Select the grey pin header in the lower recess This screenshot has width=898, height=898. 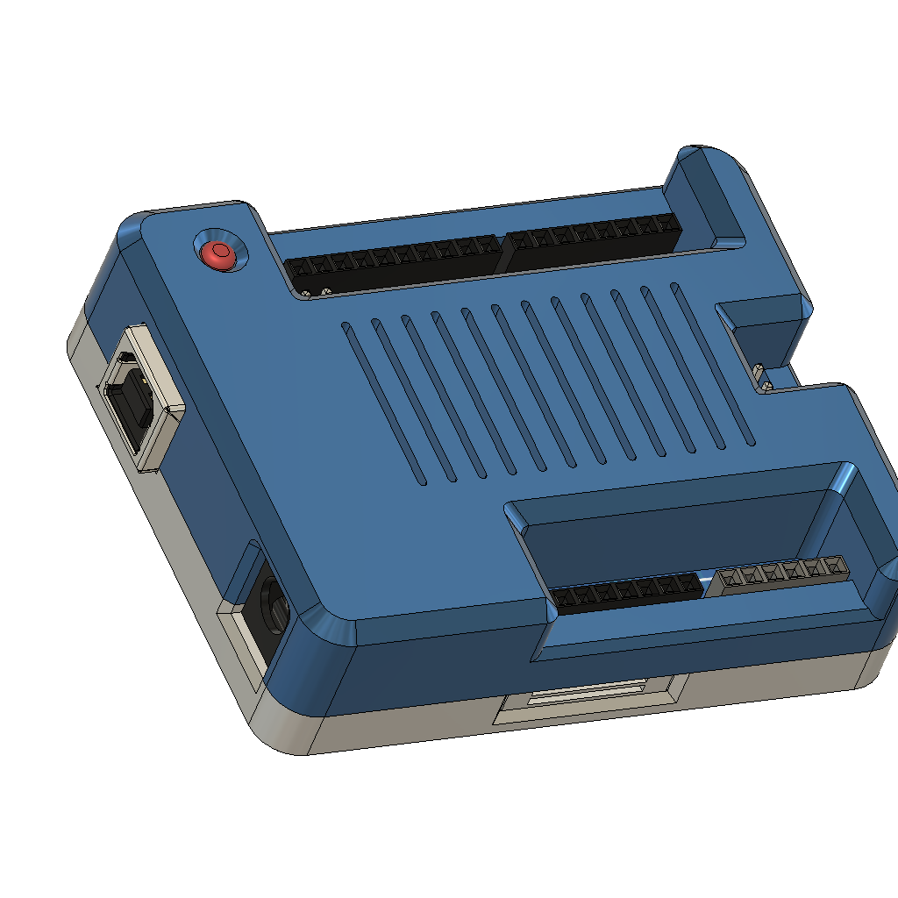point(780,574)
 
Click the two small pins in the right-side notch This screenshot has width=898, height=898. point(764,377)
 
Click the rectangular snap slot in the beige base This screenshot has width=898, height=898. point(586,698)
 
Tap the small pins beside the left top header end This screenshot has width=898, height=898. point(314,290)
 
